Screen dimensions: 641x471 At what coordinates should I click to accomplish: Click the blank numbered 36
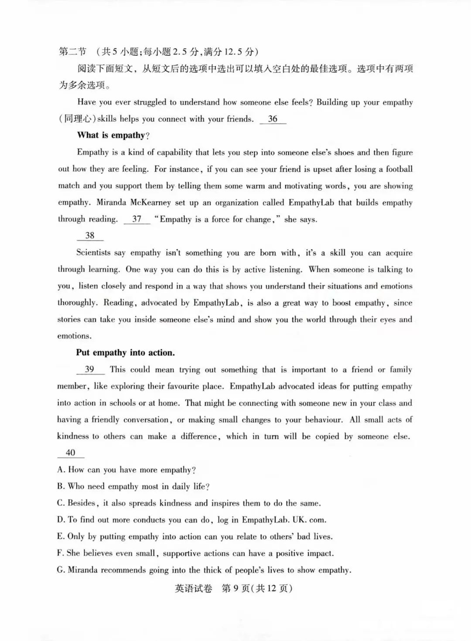click(273, 119)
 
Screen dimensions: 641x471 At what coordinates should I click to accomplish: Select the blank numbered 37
click(137, 219)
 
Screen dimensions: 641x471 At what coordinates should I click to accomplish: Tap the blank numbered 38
click(90, 236)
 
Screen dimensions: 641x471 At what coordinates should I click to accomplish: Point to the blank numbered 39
click(90, 370)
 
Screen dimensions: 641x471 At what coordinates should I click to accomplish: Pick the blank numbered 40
click(71, 453)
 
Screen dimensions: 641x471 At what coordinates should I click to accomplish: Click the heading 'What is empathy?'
click(113, 136)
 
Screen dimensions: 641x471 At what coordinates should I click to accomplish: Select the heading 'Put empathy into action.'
click(125, 353)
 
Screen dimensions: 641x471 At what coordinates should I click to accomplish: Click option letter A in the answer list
click(61, 470)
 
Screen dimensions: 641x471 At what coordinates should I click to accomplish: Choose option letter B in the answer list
click(61, 487)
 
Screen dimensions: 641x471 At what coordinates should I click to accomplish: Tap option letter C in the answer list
click(61, 503)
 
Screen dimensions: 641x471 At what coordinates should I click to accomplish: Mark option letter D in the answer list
click(61, 520)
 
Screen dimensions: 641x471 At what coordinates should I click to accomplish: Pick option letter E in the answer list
click(60, 537)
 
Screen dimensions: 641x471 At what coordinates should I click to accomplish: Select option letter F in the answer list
click(60, 553)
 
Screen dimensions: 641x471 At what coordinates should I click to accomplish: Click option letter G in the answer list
click(61, 570)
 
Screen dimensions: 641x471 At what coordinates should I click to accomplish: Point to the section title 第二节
click(72, 52)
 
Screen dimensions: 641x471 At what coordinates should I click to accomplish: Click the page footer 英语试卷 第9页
click(233, 589)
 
